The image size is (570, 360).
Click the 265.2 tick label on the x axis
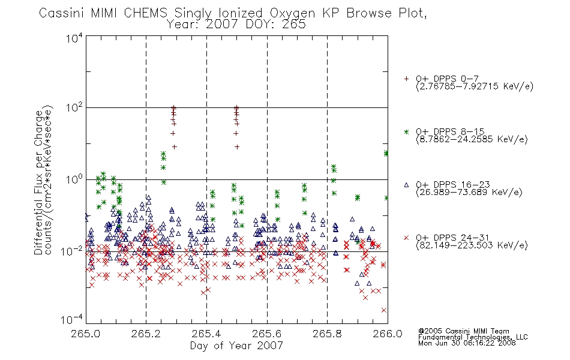click(146, 334)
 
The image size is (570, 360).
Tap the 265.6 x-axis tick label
click(267, 334)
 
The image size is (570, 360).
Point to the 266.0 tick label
click(388, 334)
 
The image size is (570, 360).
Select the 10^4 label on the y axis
click(74, 38)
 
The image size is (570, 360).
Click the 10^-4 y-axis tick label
click(72, 319)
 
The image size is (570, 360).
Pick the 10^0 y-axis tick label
click(74, 179)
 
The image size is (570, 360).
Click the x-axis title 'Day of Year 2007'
click(236, 346)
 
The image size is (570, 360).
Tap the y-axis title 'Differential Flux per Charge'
click(38, 182)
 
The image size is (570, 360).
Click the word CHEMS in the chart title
click(145, 13)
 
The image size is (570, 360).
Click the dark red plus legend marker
click(406, 79)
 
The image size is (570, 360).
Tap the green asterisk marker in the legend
click(406, 131)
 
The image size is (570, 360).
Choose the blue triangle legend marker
click(406, 185)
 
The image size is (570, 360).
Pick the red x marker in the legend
click(406, 238)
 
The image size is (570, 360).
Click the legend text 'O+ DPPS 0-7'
click(447, 79)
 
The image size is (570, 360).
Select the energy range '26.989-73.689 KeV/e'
click(469, 192)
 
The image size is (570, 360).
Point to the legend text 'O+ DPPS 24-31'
click(452, 238)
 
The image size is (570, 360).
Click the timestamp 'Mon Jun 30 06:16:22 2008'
click(467, 343)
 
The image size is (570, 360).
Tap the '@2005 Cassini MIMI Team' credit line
click(463, 331)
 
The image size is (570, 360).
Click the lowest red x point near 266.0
click(384, 310)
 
